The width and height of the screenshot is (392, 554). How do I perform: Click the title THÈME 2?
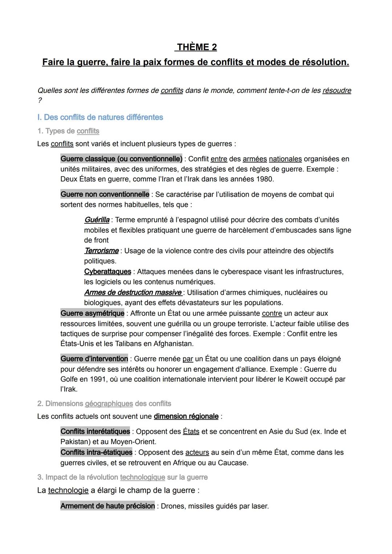click(196, 47)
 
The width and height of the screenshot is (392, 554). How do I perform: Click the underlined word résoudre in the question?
click(336, 90)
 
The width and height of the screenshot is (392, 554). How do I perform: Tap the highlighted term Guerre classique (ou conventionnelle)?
click(121, 159)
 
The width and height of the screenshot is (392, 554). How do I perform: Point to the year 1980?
click(265, 179)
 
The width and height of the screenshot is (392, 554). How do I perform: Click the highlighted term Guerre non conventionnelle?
click(105, 194)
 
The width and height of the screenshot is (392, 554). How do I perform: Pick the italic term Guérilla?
click(97, 220)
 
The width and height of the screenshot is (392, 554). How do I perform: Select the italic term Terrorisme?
click(101, 251)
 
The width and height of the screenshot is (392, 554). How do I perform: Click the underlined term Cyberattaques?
click(107, 272)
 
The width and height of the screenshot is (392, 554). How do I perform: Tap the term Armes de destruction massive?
click(133, 292)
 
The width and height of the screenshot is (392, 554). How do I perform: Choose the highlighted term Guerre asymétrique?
click(92, 313)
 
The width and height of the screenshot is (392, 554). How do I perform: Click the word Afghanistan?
click(173, 344)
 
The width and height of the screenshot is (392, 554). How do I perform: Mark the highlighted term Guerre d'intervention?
click(94, 359)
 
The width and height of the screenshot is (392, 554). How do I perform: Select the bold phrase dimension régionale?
click(186, 416)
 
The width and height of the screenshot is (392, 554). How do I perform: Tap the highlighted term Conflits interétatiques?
click(95, 432)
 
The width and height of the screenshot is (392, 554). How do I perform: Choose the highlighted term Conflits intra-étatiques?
click(96, 452)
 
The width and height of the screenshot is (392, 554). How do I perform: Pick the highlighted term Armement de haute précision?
click(107, 506)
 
